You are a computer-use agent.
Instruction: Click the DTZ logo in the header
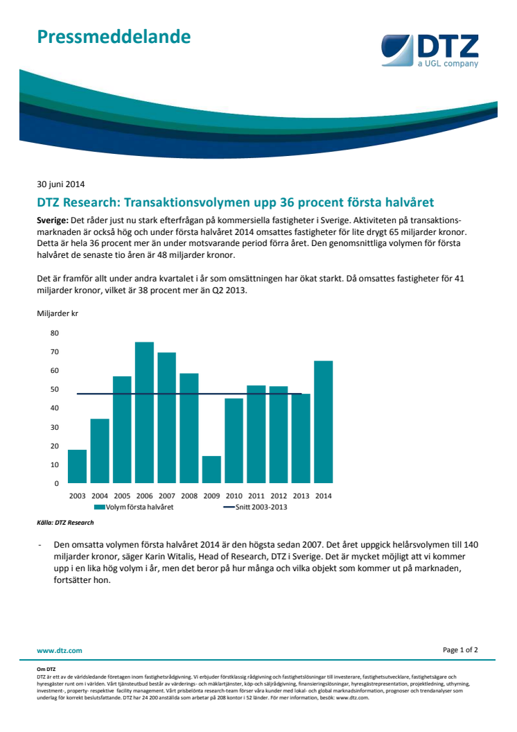[430, 51]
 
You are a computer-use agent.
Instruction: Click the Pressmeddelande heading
[114, 37]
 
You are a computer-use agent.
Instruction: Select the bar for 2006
[144, 412]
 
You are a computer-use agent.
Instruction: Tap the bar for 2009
[211, 470]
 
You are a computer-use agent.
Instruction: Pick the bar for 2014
[324, 422]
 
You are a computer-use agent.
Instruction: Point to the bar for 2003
[77, 467]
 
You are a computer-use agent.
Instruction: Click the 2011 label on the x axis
[256, 496]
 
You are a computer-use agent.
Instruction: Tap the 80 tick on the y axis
[55, 333]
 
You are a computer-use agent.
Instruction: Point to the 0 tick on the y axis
[56, 484]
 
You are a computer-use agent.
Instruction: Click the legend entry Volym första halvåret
[134, 507]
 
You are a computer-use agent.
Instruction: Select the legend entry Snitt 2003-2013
[255, 507]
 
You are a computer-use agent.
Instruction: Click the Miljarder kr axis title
[58, 313]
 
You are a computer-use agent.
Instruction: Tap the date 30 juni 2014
[61, 184]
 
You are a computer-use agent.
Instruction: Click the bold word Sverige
[53, 220]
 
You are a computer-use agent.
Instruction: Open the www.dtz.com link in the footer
[60, 650]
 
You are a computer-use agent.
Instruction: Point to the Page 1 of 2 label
[460, 650]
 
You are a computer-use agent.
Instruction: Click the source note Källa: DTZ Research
[65, 523]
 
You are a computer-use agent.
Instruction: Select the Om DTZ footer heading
[46, 669]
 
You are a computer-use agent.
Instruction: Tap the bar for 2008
[189, 428]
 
